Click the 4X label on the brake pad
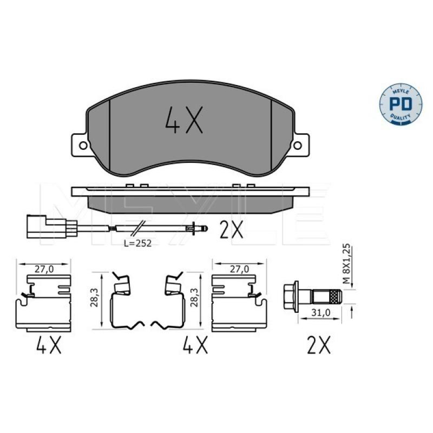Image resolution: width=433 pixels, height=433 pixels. click(184, 120)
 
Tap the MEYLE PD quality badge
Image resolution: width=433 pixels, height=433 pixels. click(401, 104)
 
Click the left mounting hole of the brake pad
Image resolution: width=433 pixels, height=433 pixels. click(83, 145)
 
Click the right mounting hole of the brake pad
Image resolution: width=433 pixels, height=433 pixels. click(297, 145)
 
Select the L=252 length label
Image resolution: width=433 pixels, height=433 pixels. click(137, 243)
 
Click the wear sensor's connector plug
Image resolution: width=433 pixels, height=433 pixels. click(47, 227)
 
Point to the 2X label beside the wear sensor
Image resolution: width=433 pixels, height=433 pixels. click(232, 229)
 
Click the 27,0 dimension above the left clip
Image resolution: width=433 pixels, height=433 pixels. click(44, 269)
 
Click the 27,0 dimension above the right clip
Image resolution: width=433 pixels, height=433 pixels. click(239, 268)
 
